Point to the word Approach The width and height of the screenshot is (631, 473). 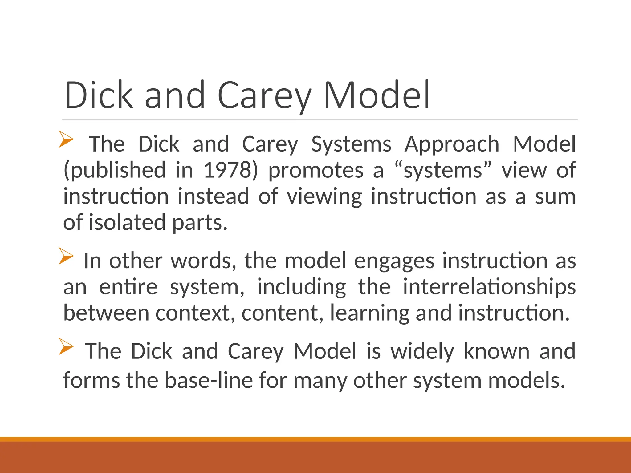coord(452,144)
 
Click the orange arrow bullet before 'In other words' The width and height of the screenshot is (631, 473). coord(66,256)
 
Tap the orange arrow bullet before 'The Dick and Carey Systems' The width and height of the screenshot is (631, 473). coord(66,139)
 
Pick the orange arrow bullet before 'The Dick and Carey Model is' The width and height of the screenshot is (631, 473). coord(66,346)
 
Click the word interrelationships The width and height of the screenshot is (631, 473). coord(489,287)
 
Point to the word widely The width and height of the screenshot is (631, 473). coord(422,351)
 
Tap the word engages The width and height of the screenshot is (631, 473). coord(394,261)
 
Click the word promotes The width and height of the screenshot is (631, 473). coord(316,170)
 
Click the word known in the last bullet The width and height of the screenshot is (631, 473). coord(496,351)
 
